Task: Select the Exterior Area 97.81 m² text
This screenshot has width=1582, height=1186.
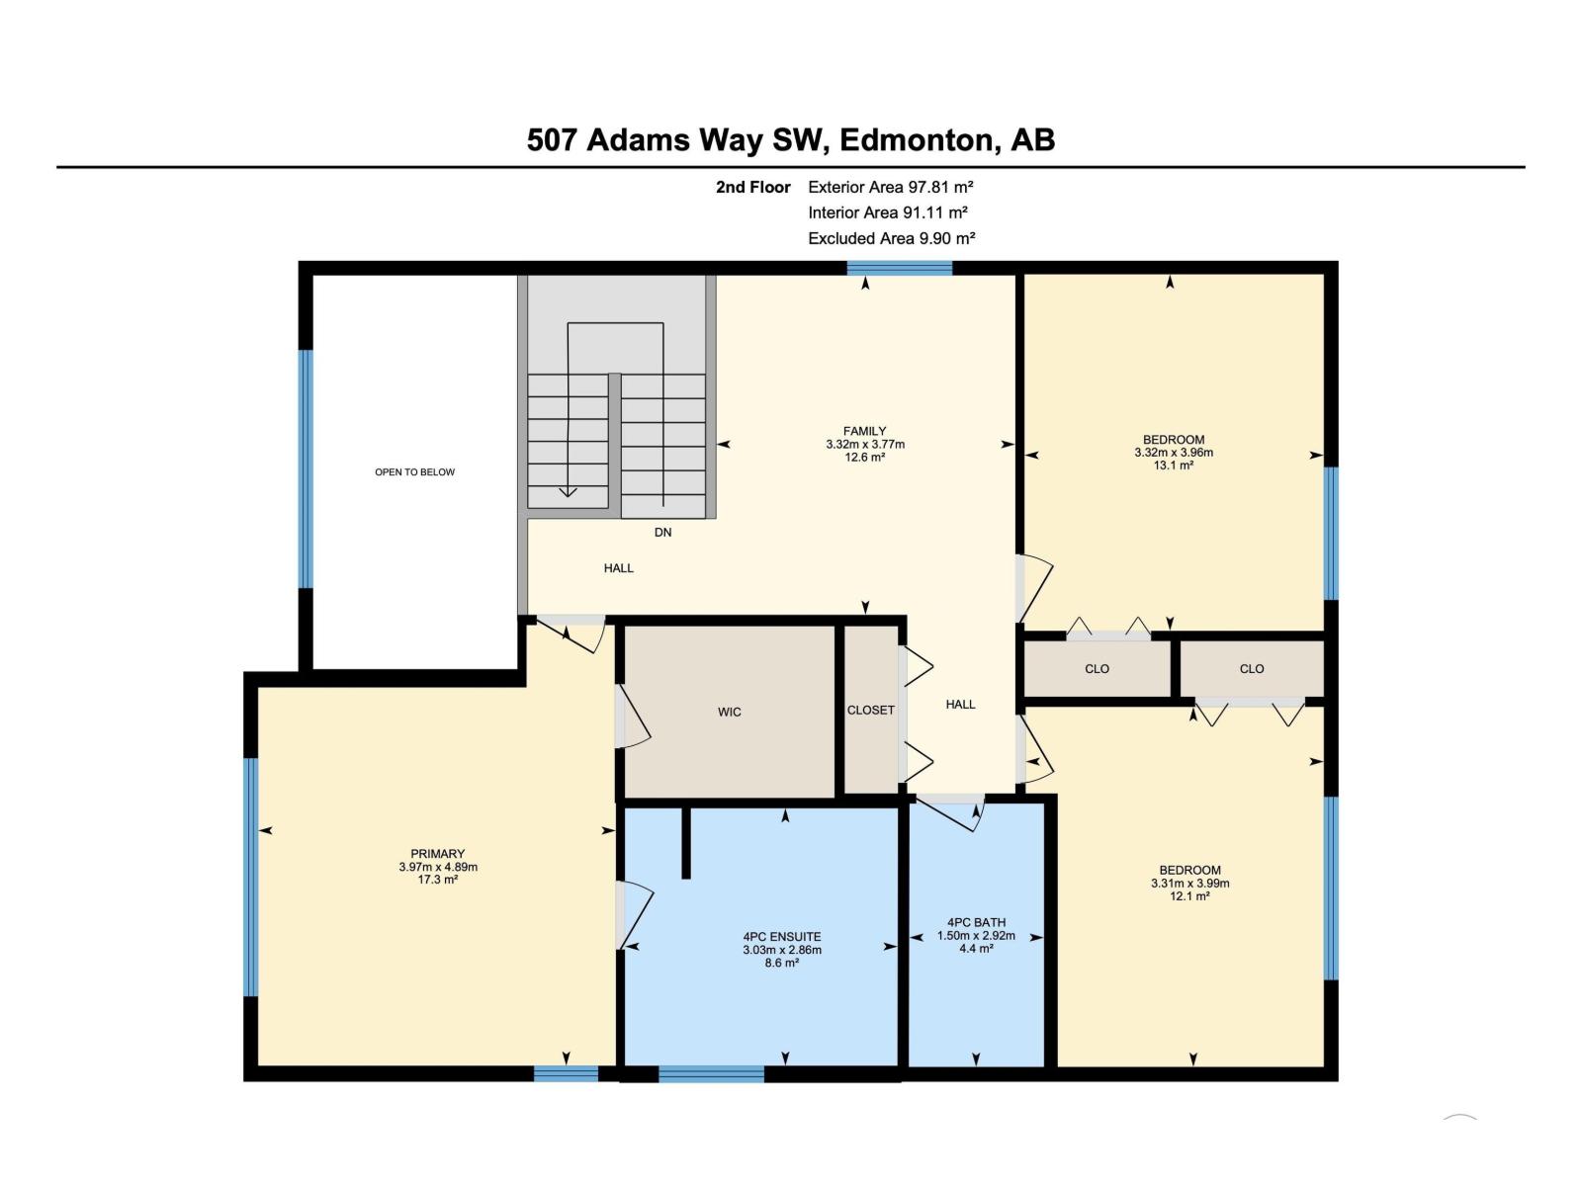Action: point(890,187)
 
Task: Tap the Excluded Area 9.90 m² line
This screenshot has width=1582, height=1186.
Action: point(891,238)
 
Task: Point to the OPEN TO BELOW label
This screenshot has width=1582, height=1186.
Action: point(414,472)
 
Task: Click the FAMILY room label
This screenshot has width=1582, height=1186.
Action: point(864,431)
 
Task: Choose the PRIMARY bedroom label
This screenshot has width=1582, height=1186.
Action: point(437,854)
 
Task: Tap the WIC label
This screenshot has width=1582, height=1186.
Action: point(729,713)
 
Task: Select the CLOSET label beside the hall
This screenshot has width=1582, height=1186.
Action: point(871,710)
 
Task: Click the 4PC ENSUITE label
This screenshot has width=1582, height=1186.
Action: point(782,937)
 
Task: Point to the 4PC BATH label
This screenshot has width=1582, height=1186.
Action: point(976,922)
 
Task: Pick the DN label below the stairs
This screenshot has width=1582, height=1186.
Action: point(662,532)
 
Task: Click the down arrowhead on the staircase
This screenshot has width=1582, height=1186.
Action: point(568,492)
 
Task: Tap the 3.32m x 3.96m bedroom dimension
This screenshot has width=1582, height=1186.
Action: point(1174,453)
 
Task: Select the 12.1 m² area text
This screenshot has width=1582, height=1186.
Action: point(1189,896)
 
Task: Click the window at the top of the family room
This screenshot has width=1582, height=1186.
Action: point(899,268)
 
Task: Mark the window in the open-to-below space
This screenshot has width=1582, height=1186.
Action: point(307,468)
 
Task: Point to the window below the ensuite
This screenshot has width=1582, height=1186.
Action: point(711,1073)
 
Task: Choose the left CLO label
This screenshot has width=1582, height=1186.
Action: point(1097,669)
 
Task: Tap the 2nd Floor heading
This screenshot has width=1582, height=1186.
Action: point(752,187)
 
